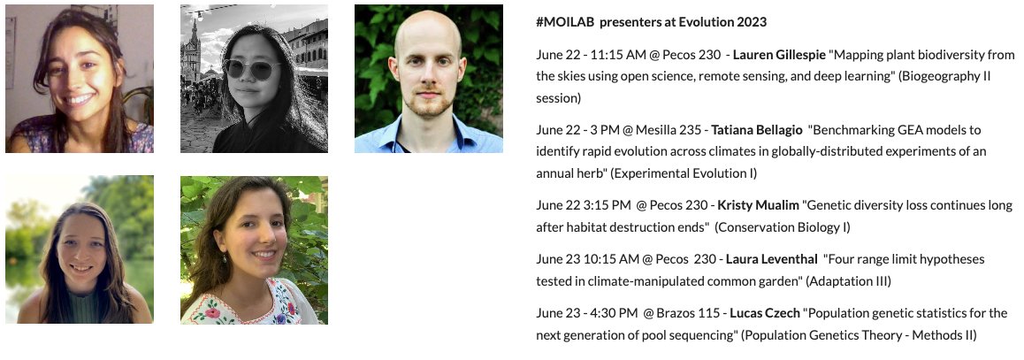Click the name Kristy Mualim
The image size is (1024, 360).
[758, 205]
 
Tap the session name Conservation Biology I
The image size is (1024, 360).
[783, 227]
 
